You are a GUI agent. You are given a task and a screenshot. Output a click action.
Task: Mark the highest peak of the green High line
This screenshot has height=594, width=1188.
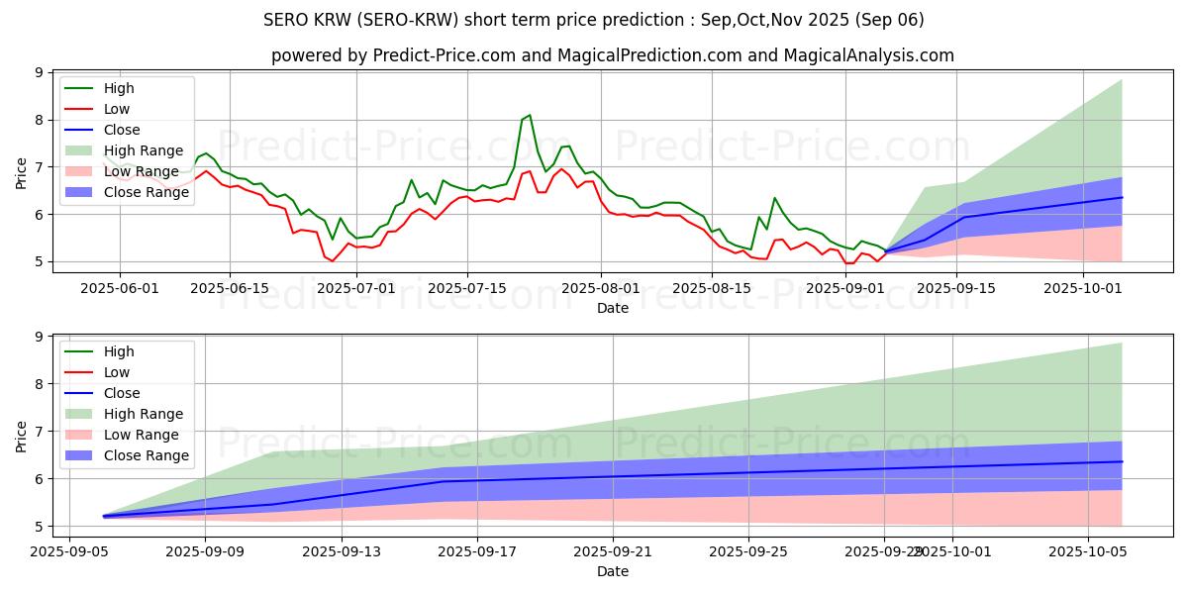[530, 115]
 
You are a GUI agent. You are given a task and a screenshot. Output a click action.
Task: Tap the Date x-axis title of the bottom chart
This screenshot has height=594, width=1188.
[613, 571]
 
